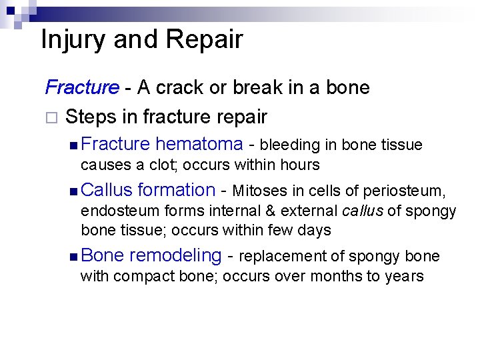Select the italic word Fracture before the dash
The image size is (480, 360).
pos(82,87)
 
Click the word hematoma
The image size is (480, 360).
pos(199,144)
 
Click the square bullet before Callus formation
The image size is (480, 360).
pos(73,191)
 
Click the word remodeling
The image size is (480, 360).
pos(175,256)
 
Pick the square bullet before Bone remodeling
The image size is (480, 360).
pos(73,257)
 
